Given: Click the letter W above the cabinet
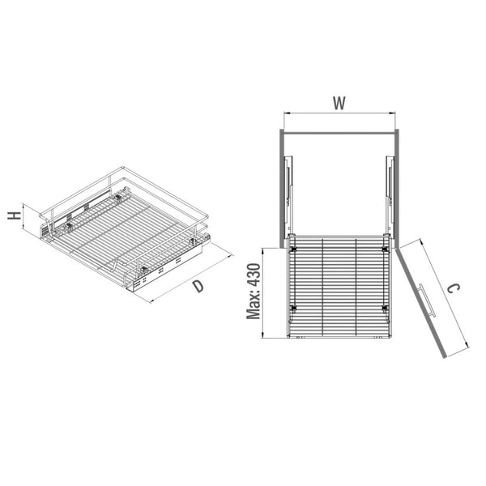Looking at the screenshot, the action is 339,103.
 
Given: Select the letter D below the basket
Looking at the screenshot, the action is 198,286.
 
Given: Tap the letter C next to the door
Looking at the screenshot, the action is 453,288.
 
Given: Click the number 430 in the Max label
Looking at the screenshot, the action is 254,275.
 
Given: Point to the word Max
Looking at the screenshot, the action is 254,305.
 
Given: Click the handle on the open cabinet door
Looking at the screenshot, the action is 427,300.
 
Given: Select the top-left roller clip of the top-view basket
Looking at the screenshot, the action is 292,249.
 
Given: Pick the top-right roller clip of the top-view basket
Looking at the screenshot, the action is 385,249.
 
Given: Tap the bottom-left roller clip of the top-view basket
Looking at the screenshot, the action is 292,308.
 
